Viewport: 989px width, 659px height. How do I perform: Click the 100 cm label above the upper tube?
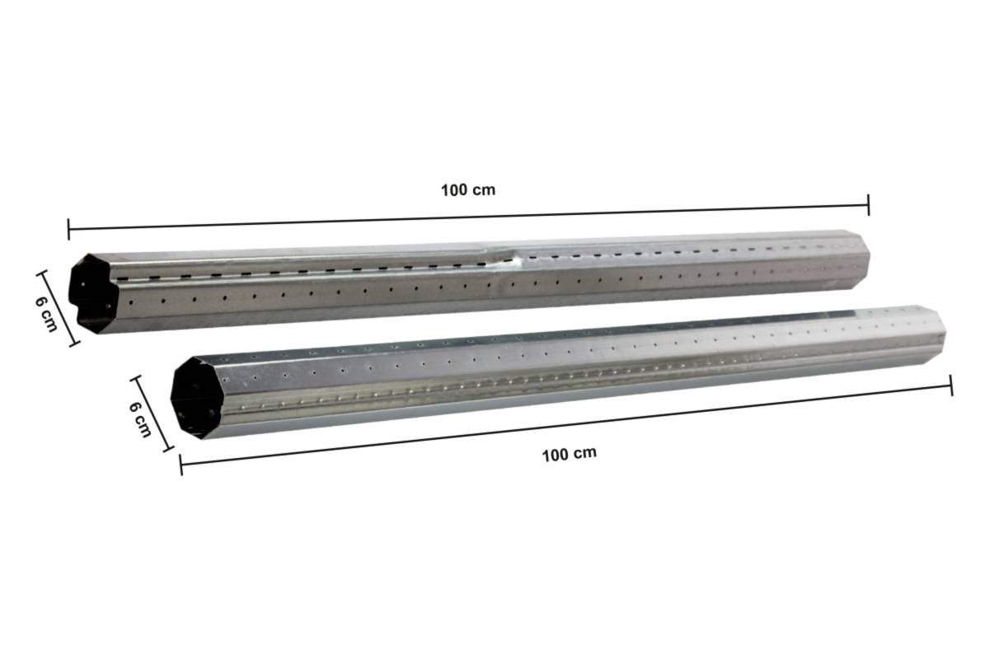click(468, 189)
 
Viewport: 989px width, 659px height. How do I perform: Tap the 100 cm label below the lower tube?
click(569, 454)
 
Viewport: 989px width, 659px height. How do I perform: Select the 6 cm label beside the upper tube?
click(46, 312)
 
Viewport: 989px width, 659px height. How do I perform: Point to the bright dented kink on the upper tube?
click(511, 260)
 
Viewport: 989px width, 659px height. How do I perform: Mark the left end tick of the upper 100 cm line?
click(68, 228)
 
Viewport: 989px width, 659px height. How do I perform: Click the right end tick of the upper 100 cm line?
click(869, 205)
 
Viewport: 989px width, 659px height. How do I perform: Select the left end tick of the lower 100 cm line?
click(180, 465)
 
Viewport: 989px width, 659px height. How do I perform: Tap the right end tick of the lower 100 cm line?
click(952, 385)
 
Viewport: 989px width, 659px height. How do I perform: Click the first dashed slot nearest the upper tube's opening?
click(124, 279)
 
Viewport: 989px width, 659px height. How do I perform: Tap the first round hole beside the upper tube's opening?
click(129, 302)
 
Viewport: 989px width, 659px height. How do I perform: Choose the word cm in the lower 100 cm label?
click(584, 453)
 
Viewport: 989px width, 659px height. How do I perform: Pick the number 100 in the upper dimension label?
click(455, 190)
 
